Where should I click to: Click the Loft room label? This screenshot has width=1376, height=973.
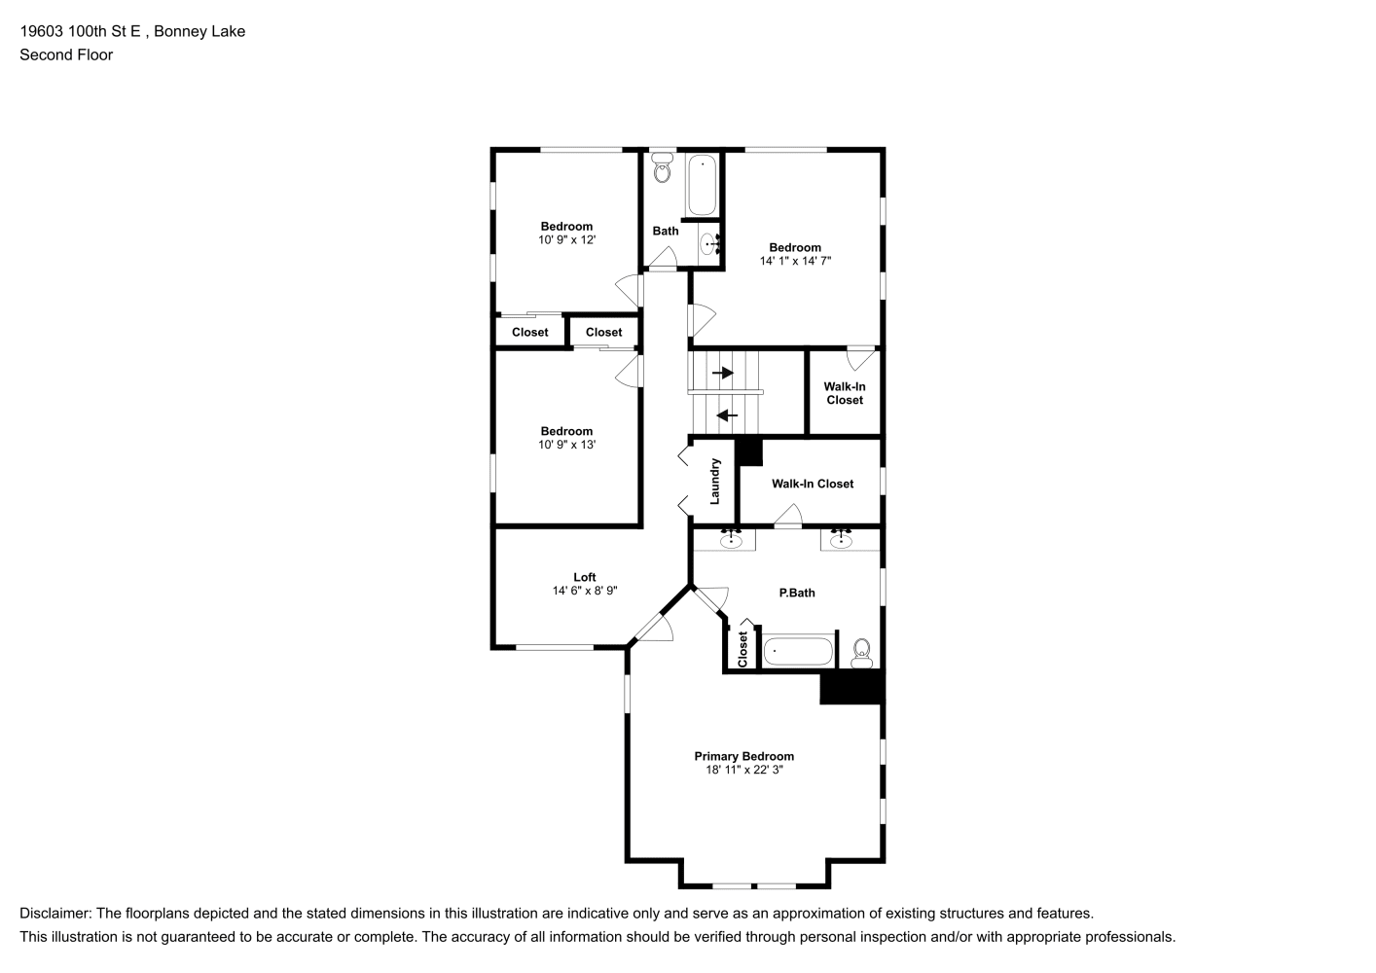584,577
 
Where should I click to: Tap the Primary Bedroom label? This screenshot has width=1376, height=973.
743,756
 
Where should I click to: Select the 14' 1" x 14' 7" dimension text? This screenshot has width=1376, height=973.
795,261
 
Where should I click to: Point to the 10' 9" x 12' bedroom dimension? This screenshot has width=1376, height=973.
566,239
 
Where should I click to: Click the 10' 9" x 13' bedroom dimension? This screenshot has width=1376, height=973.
566,444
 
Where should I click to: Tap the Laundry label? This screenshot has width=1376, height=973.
714,482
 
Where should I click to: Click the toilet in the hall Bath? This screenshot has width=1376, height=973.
662,167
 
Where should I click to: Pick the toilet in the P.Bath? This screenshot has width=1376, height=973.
862,652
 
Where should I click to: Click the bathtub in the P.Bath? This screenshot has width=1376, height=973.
798,651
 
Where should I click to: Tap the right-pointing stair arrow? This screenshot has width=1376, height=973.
722,373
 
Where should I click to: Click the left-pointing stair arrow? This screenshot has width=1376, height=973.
727,415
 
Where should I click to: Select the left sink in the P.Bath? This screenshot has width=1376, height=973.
731,539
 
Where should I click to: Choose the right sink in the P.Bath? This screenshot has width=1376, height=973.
841,539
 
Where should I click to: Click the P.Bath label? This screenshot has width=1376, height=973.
797,593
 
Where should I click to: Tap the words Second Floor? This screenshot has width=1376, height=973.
66,54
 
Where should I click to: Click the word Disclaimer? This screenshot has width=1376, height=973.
54,914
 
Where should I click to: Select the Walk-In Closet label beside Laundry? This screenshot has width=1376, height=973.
813,484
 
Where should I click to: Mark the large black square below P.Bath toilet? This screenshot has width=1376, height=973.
852,686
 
